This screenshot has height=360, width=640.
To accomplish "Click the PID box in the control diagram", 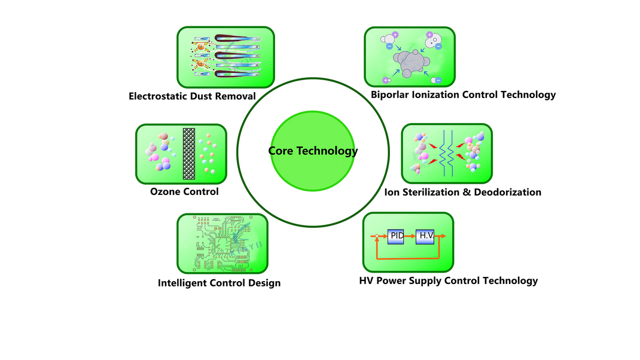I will tap(397, 236).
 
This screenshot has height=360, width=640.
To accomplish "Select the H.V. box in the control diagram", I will tap(426, 236).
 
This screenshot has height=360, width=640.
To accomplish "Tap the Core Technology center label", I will tap(313, 151).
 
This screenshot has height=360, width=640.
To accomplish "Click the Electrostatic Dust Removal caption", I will tap(192, 96).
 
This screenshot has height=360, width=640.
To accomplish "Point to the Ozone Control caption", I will tap(184, 192).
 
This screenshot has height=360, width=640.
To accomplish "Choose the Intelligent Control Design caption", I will tap(219, 283).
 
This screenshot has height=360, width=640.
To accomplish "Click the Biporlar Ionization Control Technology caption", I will tap(463, 94).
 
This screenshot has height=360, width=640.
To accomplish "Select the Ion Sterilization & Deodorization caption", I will tap(462, 192).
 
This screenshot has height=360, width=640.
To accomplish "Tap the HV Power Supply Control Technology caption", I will tap(448, 280).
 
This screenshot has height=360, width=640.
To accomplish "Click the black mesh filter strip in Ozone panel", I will tap(189, 154).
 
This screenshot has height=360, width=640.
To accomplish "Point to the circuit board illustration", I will tap(222, 242).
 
